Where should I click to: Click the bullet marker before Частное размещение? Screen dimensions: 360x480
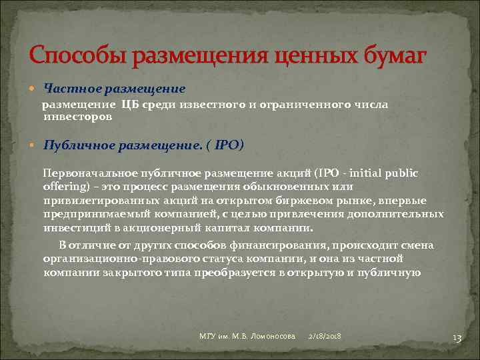35,89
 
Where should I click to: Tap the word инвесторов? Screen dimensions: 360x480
77,116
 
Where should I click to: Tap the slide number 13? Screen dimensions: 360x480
457,337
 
